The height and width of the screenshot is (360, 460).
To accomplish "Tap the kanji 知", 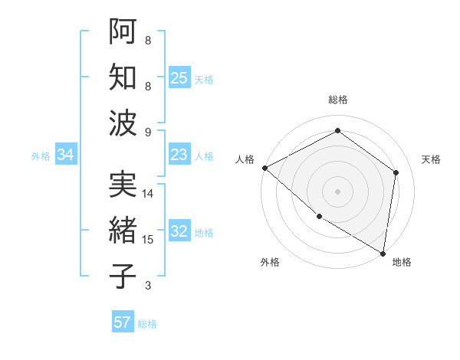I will pos(123,77).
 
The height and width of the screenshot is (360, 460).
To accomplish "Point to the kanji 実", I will pos(123,183).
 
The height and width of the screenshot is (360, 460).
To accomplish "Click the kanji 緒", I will pos(123,231).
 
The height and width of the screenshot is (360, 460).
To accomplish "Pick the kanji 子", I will pos(123,277).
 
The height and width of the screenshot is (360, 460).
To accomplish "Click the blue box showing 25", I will pos(179,78).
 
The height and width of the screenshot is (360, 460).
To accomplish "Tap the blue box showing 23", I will pos(179,155).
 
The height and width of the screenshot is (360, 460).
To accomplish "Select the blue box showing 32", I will pos(179,232).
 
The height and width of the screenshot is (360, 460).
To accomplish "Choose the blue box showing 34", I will pos(66,155).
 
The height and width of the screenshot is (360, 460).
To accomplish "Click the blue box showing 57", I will pos(123,322).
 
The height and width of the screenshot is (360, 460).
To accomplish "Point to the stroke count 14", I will pos(148,194).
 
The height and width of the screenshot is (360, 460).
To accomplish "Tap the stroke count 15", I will pos(148,240).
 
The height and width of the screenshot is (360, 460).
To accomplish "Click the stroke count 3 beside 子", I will pos(148,286).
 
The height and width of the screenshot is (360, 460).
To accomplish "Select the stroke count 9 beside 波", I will pos(148,133).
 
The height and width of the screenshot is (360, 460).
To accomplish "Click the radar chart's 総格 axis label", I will pos(337,100).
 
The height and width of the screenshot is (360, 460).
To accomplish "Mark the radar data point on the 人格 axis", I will pos(264,168).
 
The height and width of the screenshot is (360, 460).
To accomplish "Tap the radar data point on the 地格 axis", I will pos(383,253).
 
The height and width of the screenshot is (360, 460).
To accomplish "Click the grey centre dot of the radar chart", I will pos(337,191).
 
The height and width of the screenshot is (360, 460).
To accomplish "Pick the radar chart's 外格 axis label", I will pos(270,262).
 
